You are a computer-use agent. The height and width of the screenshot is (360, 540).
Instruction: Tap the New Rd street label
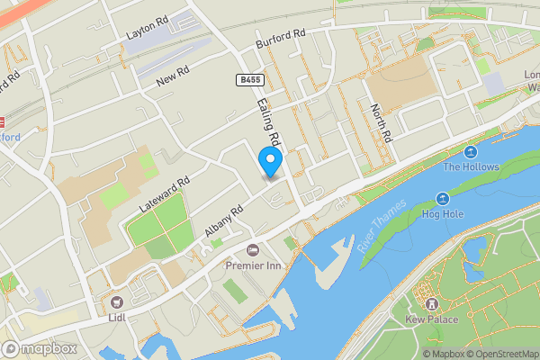pyautogui.click(x=172, y=79)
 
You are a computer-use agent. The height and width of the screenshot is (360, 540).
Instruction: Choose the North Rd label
pyautogui.click(x=382, y=124)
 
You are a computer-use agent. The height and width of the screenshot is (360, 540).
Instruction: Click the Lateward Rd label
pyautogui.click(x=165, y=194)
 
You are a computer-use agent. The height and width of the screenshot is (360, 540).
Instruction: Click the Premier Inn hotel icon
pyautogui.click(x=252, y=249)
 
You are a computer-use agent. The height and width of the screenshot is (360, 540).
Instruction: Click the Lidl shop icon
pyautogui.click(x=116, y=301)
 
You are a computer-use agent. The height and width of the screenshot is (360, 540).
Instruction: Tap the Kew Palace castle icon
pyautogui.click(x=430, y=303)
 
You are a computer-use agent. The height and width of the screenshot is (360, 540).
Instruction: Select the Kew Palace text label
pyautogui.click(x=430, y=320)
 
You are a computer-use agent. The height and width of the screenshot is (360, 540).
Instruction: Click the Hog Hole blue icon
pyautogui.click(x=442, y=198)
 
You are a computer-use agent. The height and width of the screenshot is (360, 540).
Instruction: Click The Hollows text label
pyautogui.click(x=470, y=166)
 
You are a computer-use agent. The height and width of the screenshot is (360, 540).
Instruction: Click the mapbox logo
pyautogui.click(x=40, y=348)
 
